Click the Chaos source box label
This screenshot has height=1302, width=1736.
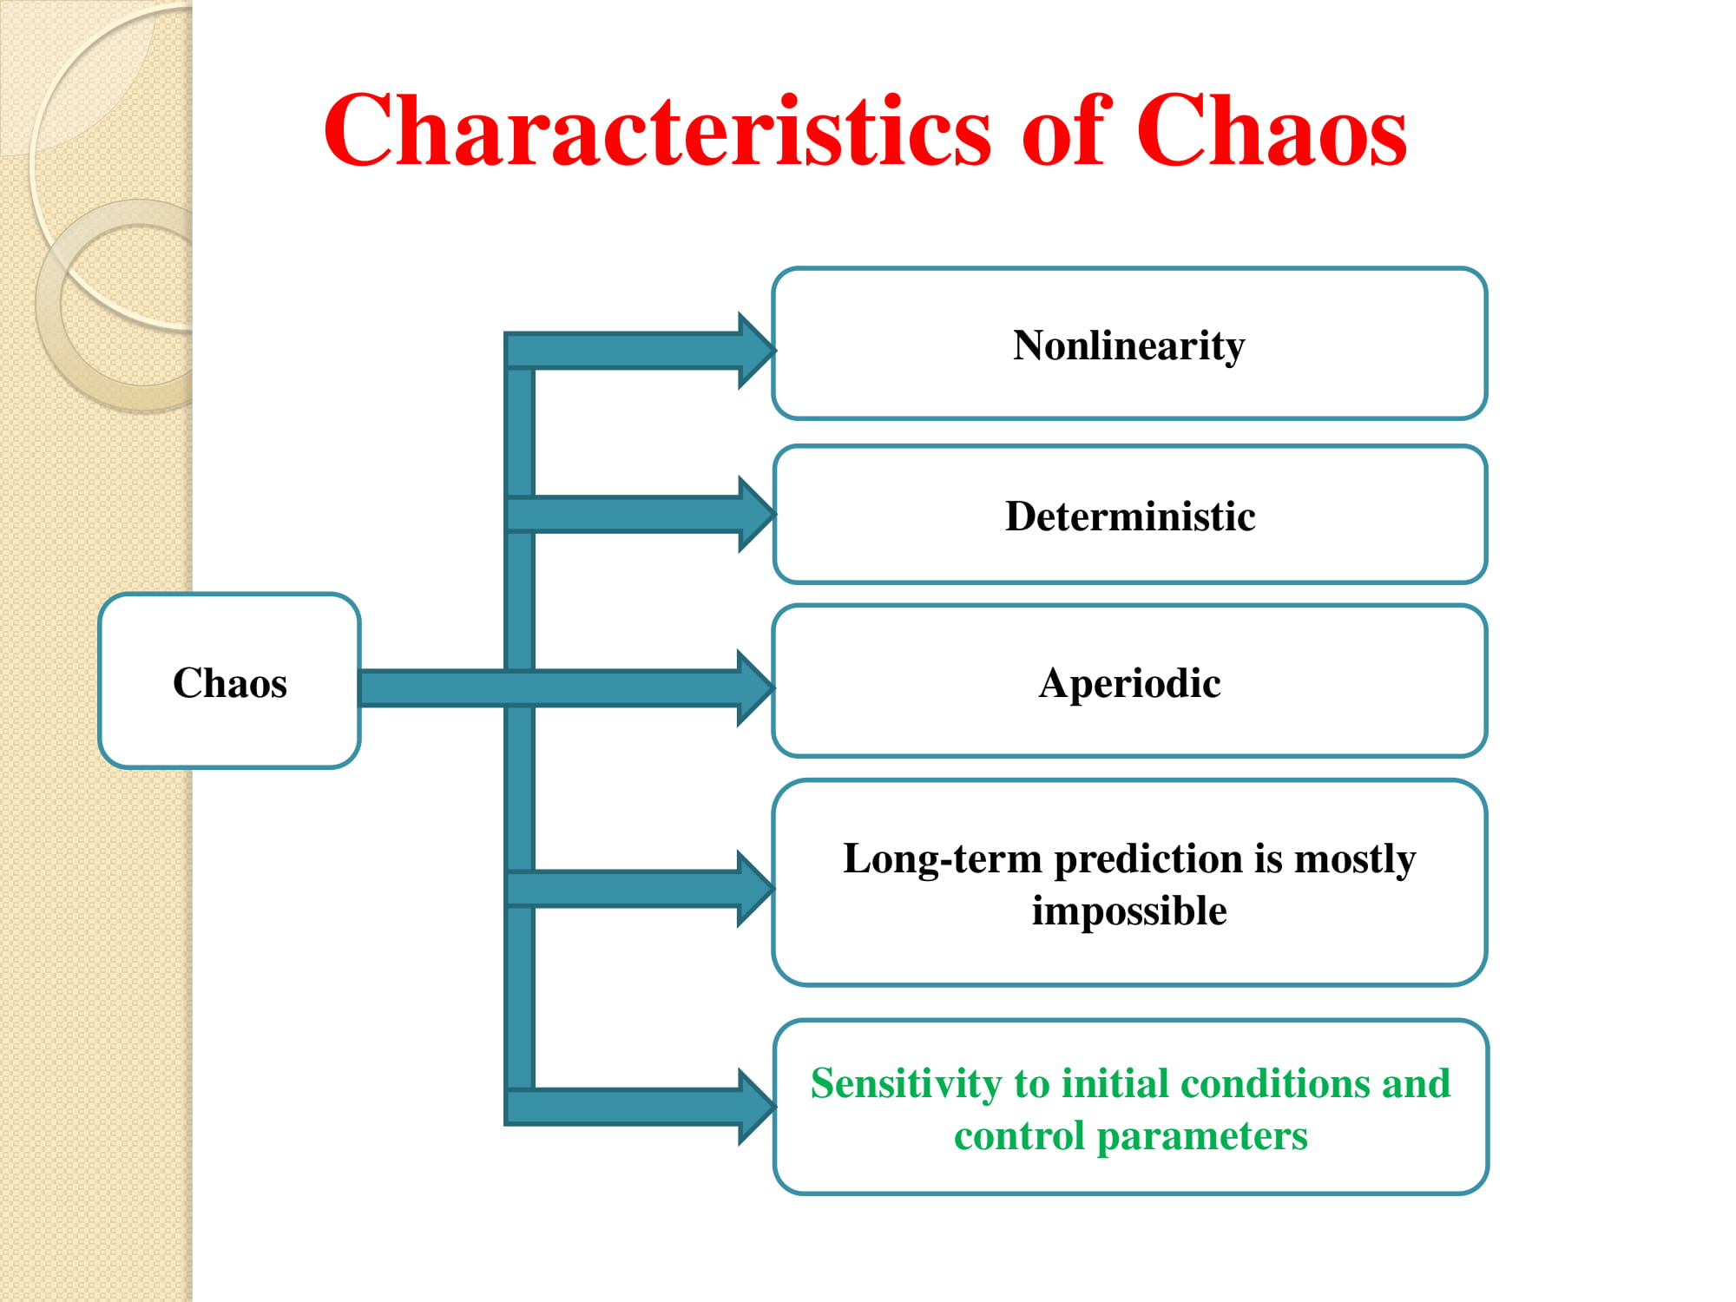(x=230, y=682)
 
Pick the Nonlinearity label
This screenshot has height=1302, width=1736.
(x=1128, y=345)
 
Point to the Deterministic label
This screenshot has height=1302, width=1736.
(x=1130, y=516)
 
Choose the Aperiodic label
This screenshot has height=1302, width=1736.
(x=1129, y=684)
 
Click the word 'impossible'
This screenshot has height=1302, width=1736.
(x=1129, y=911)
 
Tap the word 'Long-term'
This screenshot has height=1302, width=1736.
(x=942, y=859)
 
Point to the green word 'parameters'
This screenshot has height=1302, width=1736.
(x=1201, y=1136)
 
